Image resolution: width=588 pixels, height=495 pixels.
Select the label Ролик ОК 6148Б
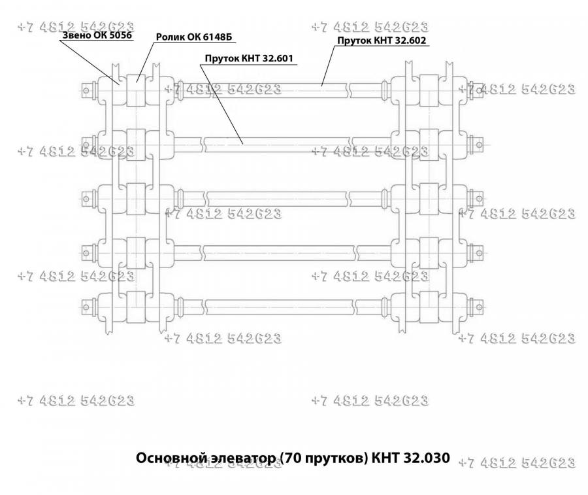pyautogui.click(x=194, y=37)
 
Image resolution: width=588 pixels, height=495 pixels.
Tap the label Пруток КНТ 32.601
pyautogui.click(x=249, y=59)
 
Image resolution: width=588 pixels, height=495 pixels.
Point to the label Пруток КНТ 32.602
pyautogui.click(x=382, y=41)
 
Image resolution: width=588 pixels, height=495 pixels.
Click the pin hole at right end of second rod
pyautogui.click(x=479, y=145)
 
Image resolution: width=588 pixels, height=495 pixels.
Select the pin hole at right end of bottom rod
pyautogui.click(x=479, y=307)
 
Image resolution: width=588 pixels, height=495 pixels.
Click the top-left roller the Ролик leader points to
pyautogui.click(x=136, y=90)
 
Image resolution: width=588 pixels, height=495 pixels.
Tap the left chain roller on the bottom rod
pyautogui.click(x=136, y=307)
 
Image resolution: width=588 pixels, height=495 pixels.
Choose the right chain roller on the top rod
pyautogui.click(x=429, y=90)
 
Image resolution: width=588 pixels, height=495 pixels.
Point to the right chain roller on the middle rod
pyautogui.click(x=429, y=199)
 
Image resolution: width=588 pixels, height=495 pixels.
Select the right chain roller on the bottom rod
pyautogui.click(x=429, y=307)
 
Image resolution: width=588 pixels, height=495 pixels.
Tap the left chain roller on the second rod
pyautogui.click(x=136, y=145)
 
